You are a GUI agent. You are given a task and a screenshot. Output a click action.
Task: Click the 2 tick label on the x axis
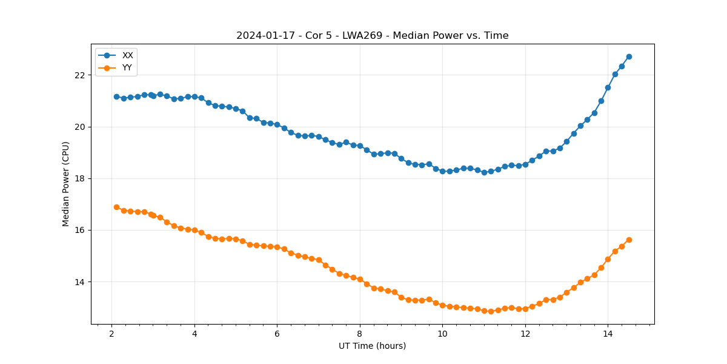coord(111,334)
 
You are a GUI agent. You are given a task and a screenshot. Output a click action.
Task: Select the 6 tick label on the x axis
coord(277,334)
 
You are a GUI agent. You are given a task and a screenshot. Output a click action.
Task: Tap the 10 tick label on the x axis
coord(442,334)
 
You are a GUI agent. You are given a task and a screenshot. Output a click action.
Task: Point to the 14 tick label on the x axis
coord(608,334)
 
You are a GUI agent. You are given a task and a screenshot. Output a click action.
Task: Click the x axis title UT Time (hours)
coord(372,346)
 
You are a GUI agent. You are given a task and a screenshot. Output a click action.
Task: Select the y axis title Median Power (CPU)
coord(66,184)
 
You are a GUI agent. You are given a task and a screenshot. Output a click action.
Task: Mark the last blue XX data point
coord(629,56)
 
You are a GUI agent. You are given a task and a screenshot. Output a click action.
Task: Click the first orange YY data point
coord(116,207)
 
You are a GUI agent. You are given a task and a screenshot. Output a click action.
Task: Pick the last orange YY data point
coord(629,240)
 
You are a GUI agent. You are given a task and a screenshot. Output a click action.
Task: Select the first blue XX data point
coord(116,96)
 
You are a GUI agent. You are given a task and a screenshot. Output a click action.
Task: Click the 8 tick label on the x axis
coord(359,334)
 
